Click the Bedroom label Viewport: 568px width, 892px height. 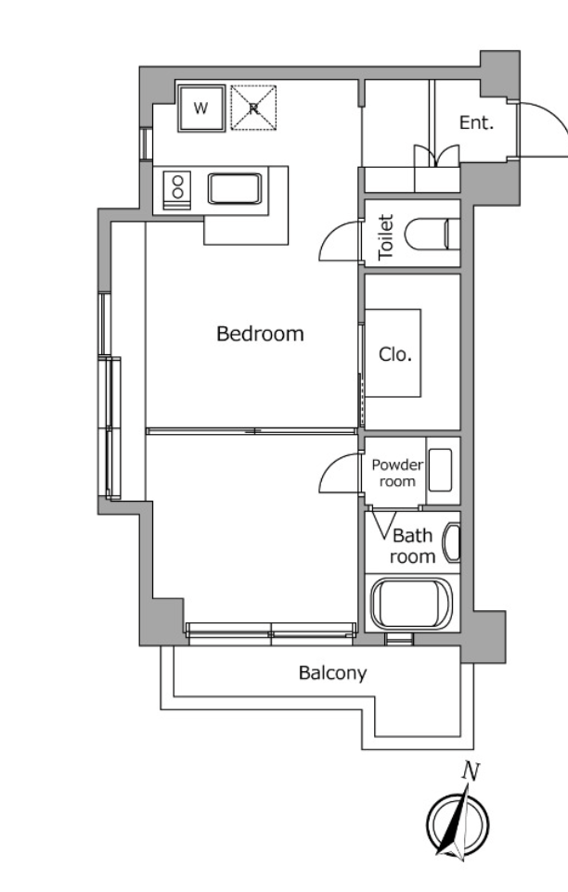tap(260, 334)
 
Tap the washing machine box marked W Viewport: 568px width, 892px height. tap(201, 108)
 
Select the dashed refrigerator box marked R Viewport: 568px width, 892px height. tap(253, 108)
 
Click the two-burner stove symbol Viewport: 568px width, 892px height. tap(177, 189)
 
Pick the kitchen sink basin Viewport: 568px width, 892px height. tap(235, 189)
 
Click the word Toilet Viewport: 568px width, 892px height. tap(386, 237)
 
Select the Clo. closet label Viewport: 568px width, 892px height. tap(395, 354)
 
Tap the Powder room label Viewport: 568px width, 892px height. tap(397, 473)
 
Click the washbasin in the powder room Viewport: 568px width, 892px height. tap(440, 470)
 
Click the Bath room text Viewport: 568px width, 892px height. tap(414, 546)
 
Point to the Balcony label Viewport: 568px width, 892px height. tap(333, 673)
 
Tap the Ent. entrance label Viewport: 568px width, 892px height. tap(476, 122)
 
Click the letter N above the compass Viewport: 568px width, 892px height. tap(471, 771)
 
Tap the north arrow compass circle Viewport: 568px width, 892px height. tap(458, 823)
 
